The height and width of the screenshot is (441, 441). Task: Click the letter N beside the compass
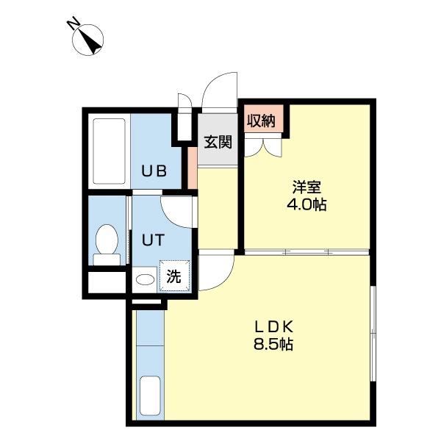coord(73,24)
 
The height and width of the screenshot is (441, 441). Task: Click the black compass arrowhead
coord(93,44)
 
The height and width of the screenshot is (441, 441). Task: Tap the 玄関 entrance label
coord(218,142)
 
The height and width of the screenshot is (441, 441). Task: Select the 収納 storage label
coord(261,121)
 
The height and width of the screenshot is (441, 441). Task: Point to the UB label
coord(154,171)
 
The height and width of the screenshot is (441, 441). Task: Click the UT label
coord(153,240)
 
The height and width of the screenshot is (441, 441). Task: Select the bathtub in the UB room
coord(109,151)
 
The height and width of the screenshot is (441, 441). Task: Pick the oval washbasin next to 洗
coord(145,279)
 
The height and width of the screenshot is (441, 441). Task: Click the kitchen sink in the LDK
coord(150,395)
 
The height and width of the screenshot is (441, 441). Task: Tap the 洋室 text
coord(306,187)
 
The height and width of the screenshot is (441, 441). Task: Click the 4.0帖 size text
coord(306,204)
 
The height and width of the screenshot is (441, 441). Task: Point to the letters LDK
coord(274,327)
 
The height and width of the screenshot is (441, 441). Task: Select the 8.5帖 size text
coord(273,344)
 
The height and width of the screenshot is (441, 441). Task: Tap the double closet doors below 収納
coord(262,146)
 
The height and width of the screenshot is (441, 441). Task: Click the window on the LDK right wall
coord(373,334)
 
